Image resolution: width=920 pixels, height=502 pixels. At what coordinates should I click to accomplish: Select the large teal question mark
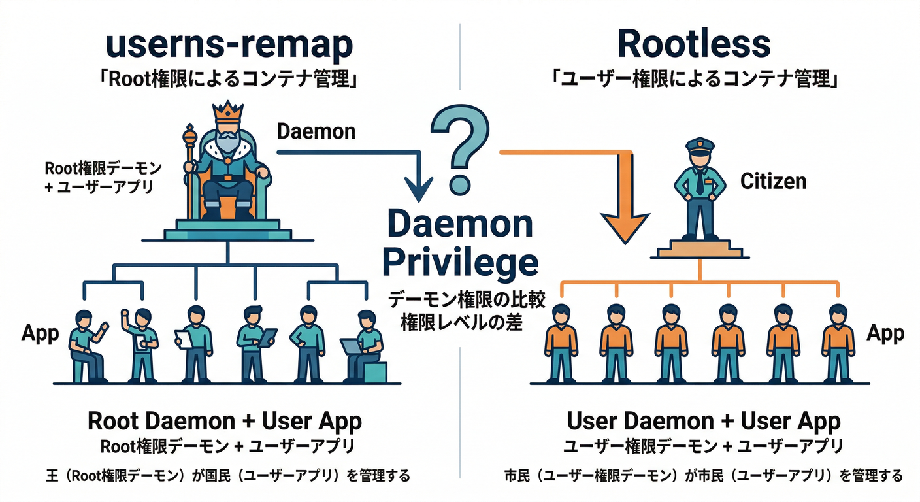click(x=459, y=147)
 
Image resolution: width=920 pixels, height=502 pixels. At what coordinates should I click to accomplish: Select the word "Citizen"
click(x=773, y=181)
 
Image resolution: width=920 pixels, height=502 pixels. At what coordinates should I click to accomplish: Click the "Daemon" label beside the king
click(x=316, y=131)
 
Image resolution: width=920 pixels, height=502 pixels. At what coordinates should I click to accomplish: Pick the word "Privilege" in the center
click(x=460, y=263)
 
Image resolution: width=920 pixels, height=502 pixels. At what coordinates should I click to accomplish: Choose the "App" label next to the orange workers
click(x=885, y=333)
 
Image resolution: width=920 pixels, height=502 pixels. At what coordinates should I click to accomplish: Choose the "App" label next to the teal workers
click(x=40, y=333)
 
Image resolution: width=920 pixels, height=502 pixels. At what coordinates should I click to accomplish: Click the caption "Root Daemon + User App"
click(x=225, y=422)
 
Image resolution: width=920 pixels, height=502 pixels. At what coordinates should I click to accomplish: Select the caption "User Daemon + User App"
click(x=703, y=422)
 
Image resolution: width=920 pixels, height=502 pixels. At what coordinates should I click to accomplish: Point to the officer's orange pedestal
click(x=700, y=249)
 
